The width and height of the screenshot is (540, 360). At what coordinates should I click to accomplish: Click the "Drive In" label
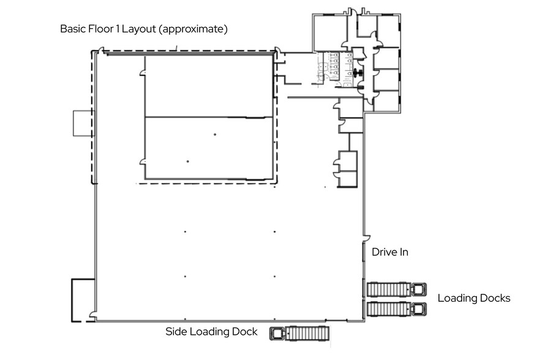point(390,252)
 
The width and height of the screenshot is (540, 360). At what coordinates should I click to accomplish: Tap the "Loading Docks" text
point(474,298)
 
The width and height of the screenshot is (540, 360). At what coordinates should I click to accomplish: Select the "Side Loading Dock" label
point(211,331)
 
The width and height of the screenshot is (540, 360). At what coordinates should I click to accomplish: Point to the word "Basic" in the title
point(73,29)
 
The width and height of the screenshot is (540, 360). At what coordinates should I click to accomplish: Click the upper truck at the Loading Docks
point(396,290)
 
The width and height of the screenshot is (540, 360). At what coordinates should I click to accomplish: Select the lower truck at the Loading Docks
point(396,309)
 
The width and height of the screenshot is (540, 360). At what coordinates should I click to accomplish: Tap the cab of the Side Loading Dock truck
point(277,334)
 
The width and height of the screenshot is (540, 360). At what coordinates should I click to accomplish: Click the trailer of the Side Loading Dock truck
point(307,333)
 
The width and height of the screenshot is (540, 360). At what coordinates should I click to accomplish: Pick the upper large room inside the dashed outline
point(209,86)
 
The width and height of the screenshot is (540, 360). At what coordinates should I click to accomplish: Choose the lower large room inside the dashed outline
point(209,148)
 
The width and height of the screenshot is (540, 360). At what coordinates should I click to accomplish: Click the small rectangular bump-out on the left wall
point(83,123)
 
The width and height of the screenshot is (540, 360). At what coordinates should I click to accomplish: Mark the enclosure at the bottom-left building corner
point(83,301)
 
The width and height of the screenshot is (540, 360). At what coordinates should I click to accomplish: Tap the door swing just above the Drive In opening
point(367,238)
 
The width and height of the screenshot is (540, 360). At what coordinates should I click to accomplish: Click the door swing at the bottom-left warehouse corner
point(92,315)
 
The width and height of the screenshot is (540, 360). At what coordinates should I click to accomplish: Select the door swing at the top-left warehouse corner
point(100,50)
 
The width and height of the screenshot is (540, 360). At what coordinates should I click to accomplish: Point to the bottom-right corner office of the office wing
point(387,101)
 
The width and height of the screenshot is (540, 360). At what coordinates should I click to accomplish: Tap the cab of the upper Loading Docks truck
point(419,290)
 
